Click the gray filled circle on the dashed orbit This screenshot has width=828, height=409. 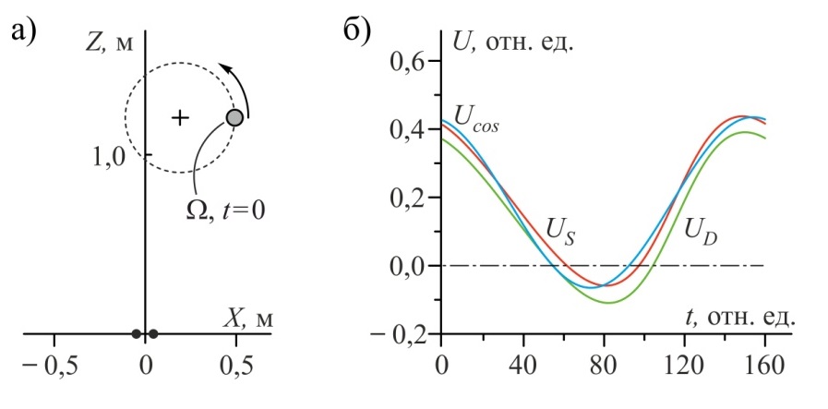coord(235,117)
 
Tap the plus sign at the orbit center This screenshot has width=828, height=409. coord(181,117)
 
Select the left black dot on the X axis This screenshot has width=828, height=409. coord(136,333)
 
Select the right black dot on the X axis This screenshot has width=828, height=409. coord(153,333)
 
